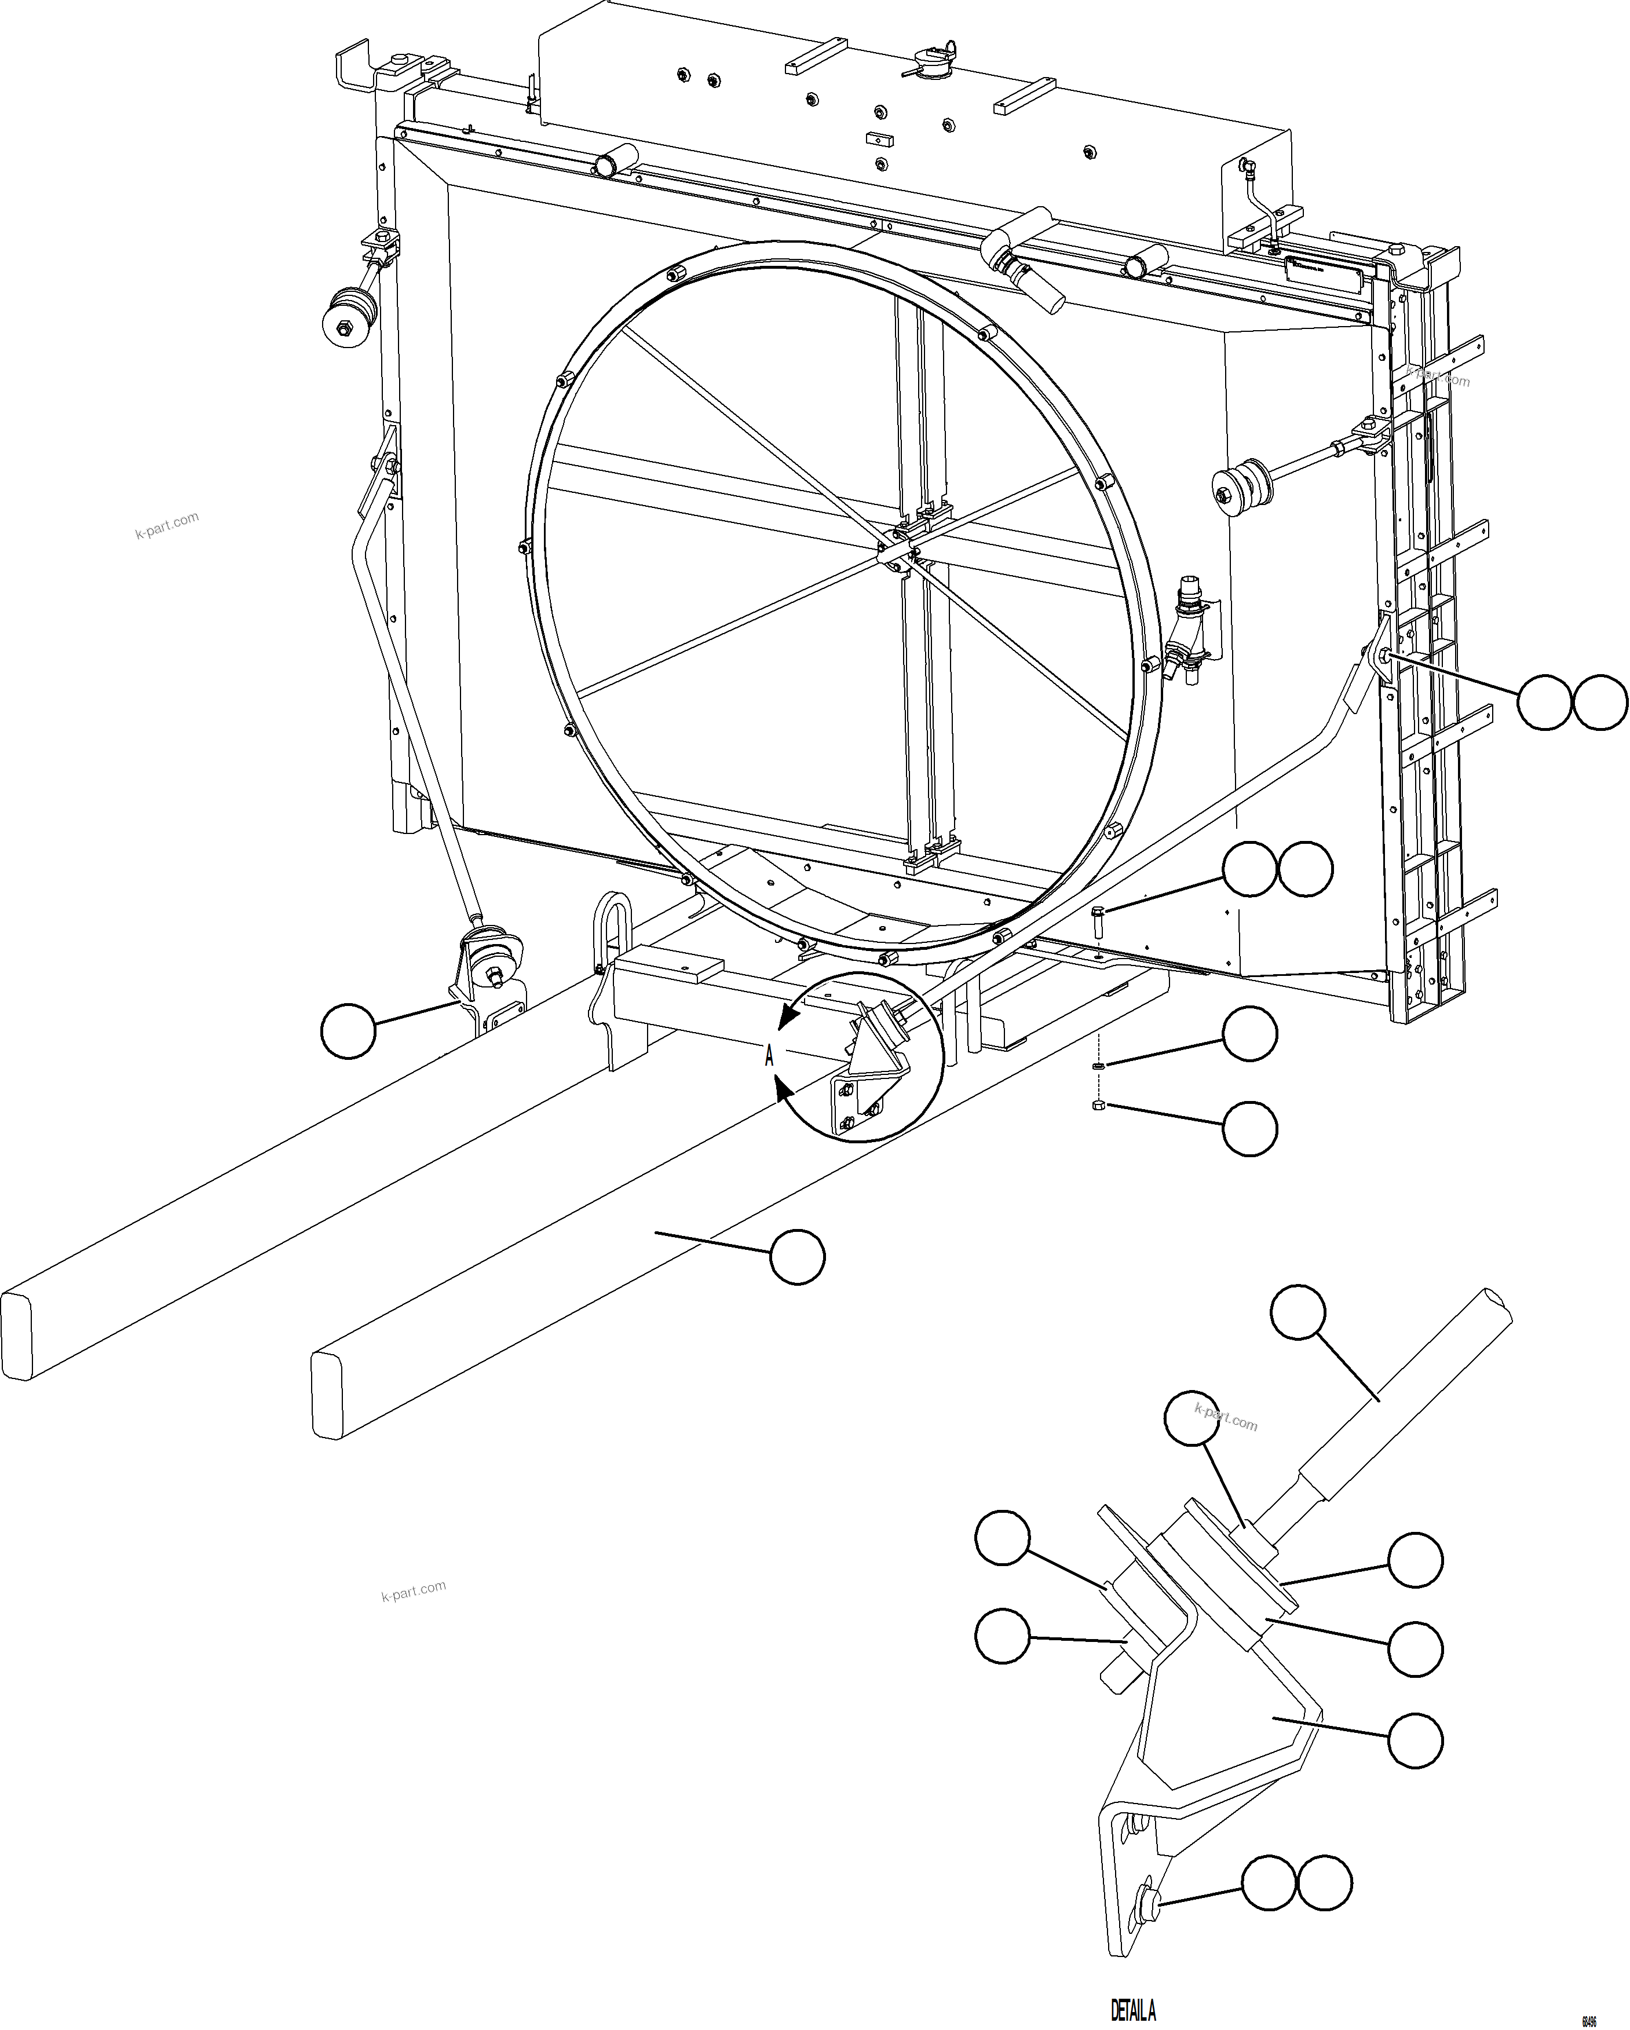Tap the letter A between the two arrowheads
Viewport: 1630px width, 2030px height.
(769, 1056)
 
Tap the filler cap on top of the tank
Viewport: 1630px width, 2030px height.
(927, 68)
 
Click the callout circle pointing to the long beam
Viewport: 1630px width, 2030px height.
(796, 1256)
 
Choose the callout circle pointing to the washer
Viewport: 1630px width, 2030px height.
(1249, 1034)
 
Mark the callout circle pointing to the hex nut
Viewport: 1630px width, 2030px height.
(1249, 1128)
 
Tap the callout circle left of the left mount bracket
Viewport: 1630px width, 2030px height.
(348, 1031)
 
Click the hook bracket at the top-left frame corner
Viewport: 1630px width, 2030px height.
(353, 66)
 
